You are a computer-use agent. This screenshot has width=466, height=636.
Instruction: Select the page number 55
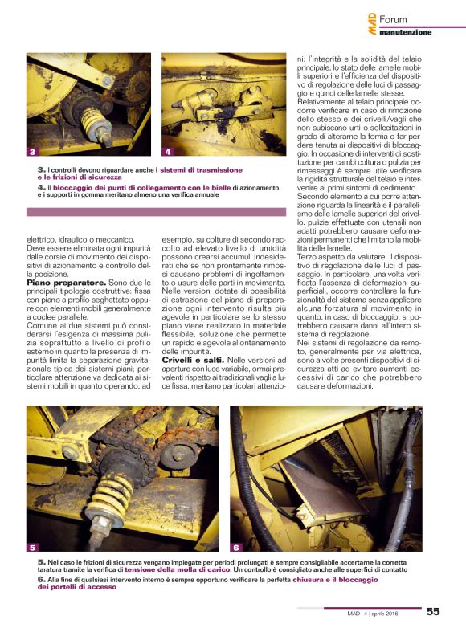coord(433,611)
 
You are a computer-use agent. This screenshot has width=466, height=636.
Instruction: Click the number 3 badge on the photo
coord(32,151)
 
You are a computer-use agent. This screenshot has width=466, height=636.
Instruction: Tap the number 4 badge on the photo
coord(168,151)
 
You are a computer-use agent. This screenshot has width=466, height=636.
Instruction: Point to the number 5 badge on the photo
coord(33,547)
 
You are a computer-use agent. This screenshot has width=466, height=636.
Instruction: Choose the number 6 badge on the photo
coord(237,547)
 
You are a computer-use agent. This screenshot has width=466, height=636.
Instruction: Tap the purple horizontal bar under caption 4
coord(156,212)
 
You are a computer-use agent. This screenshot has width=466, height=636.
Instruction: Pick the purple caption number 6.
coord(40,578)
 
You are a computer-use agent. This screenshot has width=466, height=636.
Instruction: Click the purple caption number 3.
coord(40,170)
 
